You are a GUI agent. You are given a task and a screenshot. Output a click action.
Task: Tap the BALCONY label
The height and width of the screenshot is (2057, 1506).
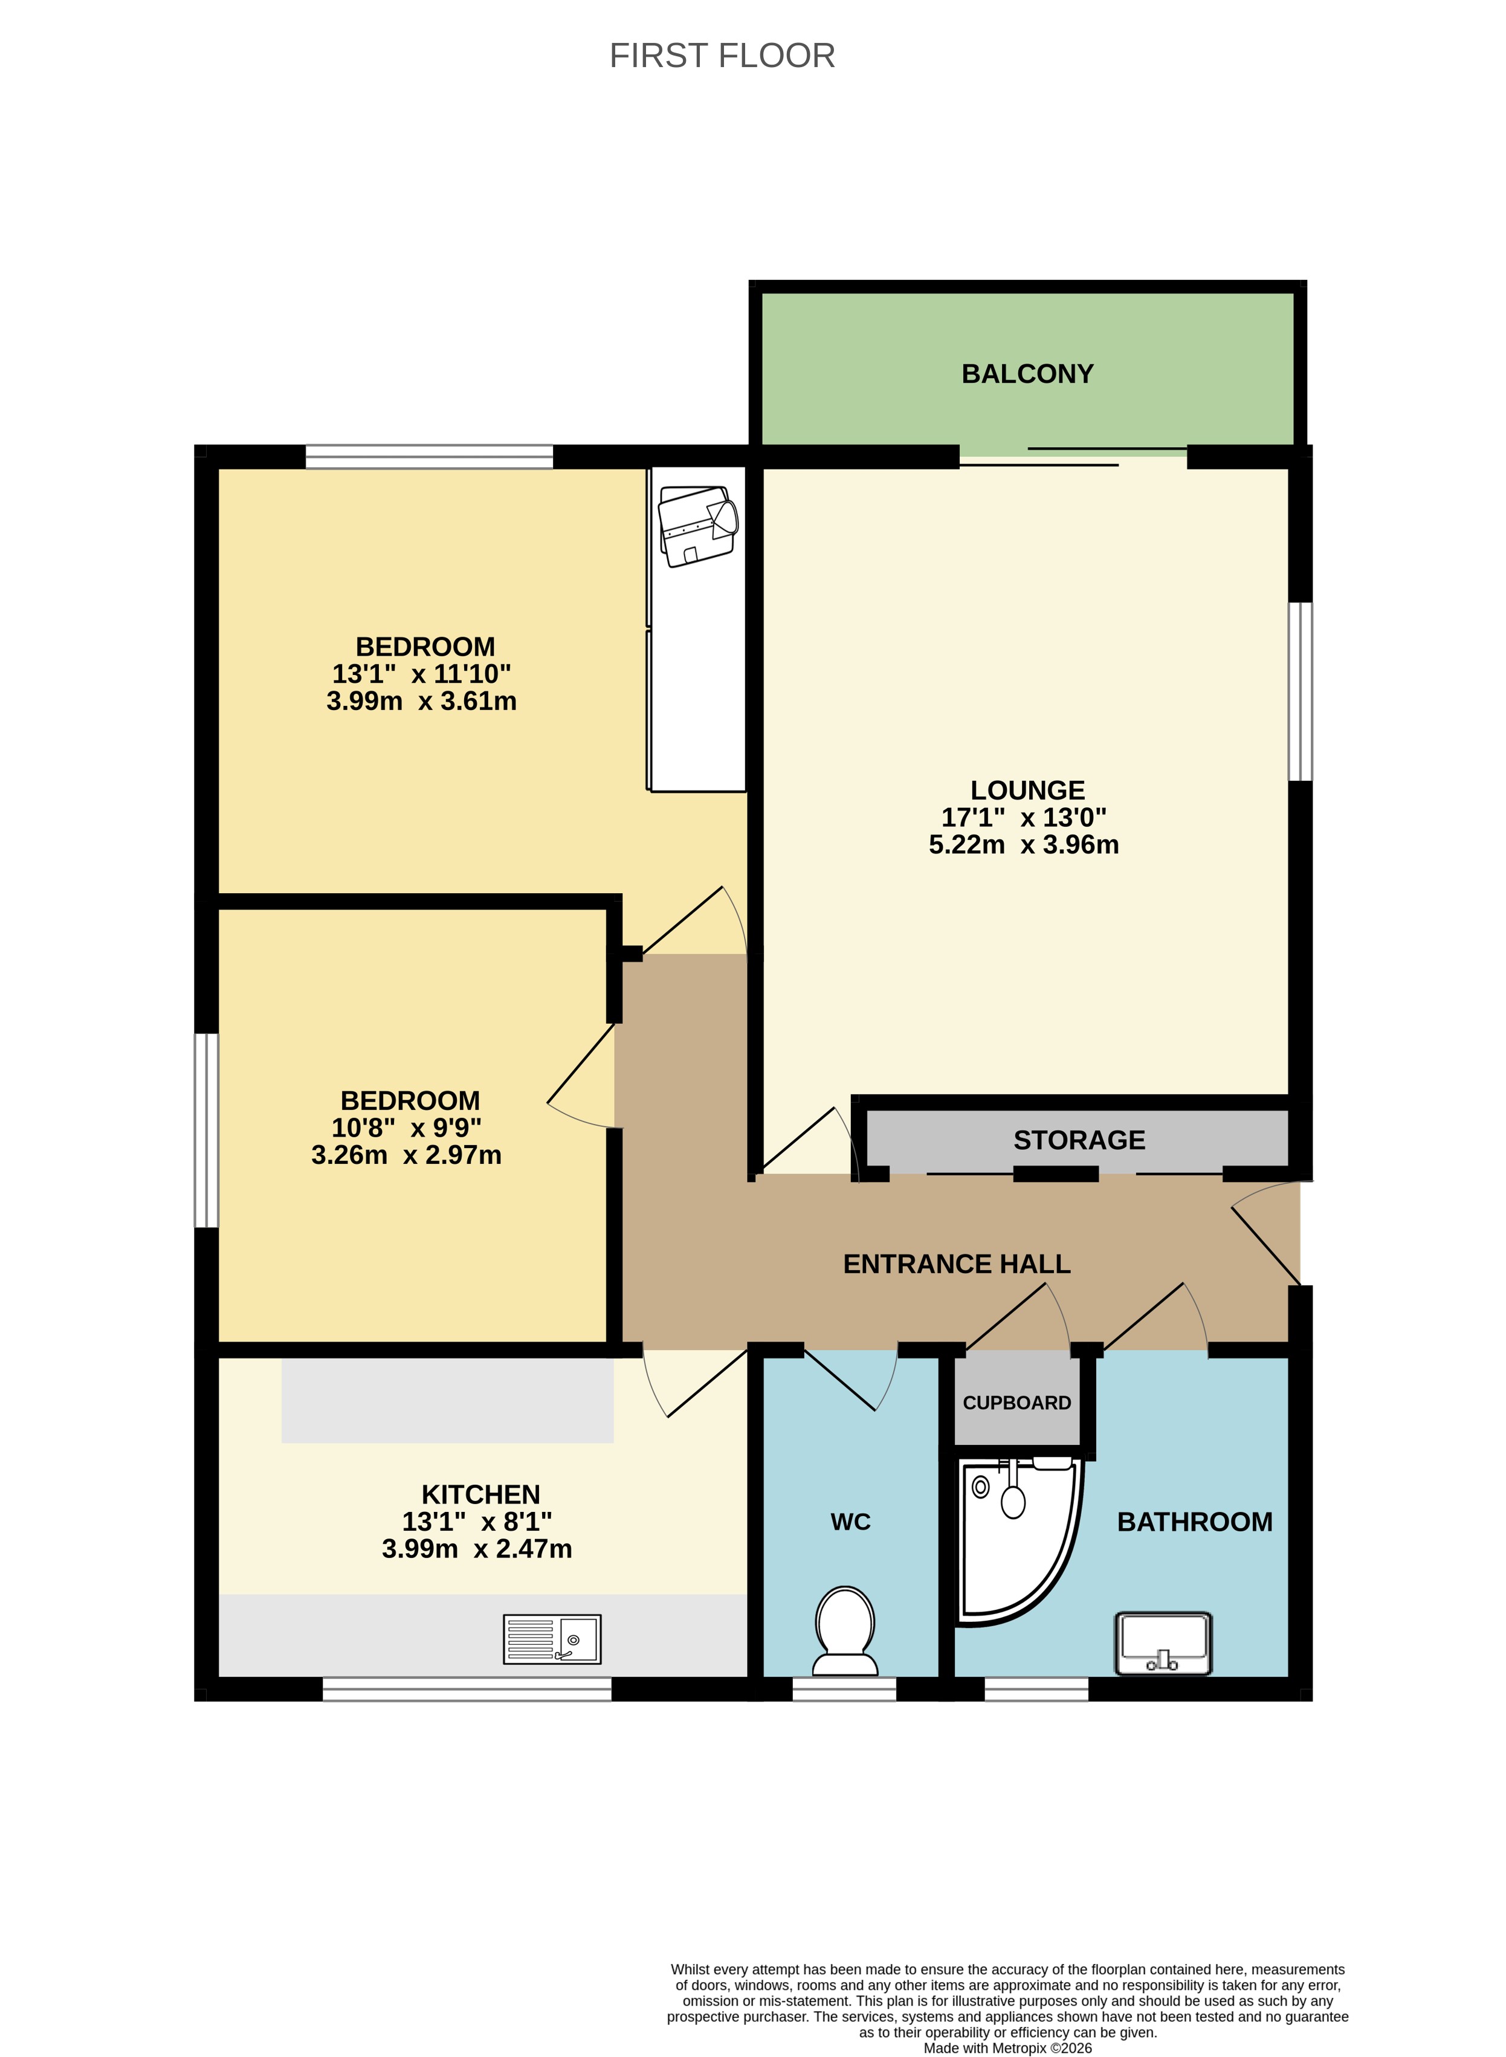click(1027, 373)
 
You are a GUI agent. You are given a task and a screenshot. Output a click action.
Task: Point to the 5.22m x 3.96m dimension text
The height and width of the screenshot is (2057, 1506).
click(1023, 844)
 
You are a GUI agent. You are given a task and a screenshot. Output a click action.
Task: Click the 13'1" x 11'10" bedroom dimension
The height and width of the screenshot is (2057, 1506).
click(421, 674)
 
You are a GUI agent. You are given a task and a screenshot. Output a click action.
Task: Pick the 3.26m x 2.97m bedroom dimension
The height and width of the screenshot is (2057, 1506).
click(407, 1155)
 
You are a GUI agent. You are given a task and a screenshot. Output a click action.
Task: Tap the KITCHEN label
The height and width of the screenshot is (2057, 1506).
click(480, 1494)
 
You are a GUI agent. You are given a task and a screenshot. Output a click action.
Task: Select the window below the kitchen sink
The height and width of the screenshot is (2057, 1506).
click(467, 1689)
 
